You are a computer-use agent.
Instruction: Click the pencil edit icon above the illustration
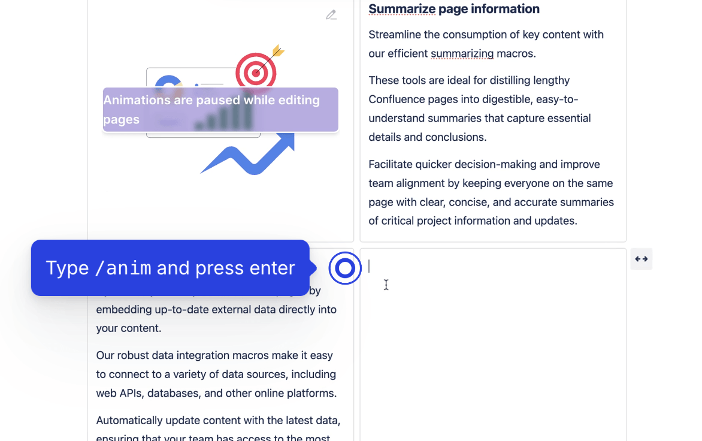click(x=331, y=15)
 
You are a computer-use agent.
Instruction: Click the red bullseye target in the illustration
click(x=256, y=73)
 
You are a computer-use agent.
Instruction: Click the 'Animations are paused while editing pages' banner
click(x=220, y=110)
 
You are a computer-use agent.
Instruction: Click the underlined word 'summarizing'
click(x=462, y=54)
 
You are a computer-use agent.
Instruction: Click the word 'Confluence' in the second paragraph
click(x=398, y=99)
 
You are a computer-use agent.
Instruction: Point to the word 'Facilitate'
click(x=394, y=165)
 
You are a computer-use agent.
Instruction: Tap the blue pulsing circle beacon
click(x=345, y=268)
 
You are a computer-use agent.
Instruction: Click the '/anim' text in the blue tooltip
click(x=123, y=268)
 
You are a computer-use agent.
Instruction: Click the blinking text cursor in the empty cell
click(x=370, y=266)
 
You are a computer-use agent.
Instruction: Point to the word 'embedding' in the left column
click(x=123, y=310)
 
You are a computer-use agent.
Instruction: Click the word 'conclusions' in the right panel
click(x=456, y=137)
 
